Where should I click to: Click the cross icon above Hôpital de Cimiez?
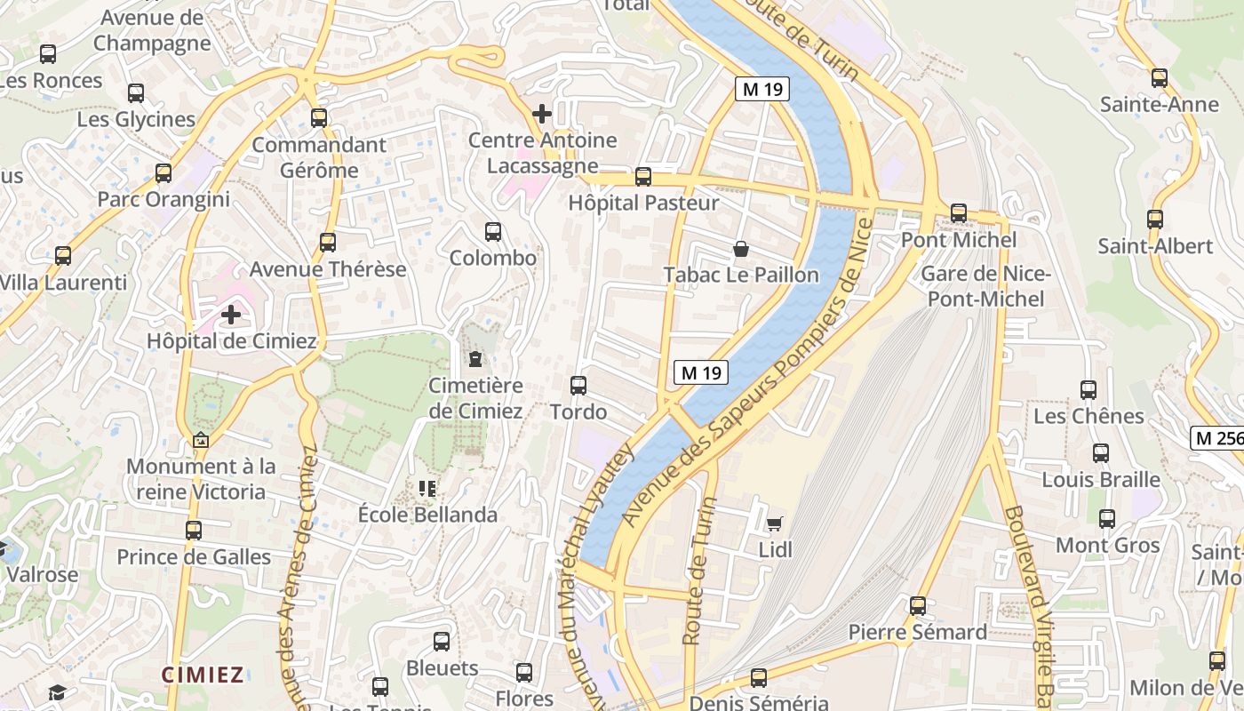click(x=231, y=314)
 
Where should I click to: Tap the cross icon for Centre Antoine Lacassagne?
click(x=541, y=114)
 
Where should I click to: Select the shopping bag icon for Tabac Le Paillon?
click(x=740, y=249)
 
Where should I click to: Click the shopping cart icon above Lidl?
click(x=775, y=523)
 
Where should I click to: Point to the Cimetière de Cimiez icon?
click(x=475, y=360)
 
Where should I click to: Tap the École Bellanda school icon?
click(x=427, y=488)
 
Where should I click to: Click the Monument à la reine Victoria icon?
click(x=201, y=440)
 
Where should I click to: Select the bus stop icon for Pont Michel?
click(x=958, y=213)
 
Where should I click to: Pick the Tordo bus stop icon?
click(x=578, y=386)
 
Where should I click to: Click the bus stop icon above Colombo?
click(x=493, y=232)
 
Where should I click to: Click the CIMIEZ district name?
click(x=203, y=675)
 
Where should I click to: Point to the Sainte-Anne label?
click(x=1159, y=105)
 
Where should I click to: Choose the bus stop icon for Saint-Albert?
click(x=1155, y=219)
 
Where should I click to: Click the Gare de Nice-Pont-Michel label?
click(x=986, y=286)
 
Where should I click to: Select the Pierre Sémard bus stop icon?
click(x=918, y=606)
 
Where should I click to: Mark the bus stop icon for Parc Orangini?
click(x=163, y=173)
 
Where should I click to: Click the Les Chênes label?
click(x=1088, y=416)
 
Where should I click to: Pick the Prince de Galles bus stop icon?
click(x=194, y=531)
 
